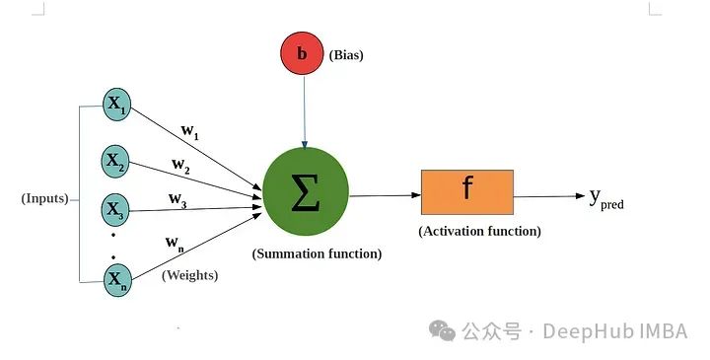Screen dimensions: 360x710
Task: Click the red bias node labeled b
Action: pos(304,55)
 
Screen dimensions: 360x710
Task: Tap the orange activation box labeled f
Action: pos(466,192)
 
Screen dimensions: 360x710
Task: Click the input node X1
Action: pos(117,108)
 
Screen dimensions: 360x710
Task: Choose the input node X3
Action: pos(117,209)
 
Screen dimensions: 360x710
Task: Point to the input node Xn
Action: pos(117,280)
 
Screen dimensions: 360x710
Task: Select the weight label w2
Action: pos(181,165)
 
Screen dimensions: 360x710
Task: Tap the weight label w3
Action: pos(177,199)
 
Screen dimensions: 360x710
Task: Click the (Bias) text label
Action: pos(345,55)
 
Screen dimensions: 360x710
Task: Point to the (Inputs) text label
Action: pos(45,198)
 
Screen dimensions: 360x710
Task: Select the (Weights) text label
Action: pos(189,275)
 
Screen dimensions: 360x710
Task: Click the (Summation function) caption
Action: pos(317,253)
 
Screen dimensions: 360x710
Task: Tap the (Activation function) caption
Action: pos(479,232)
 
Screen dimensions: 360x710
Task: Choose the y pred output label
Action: pos(605,198)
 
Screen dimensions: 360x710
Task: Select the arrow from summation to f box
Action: pos(384,194)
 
